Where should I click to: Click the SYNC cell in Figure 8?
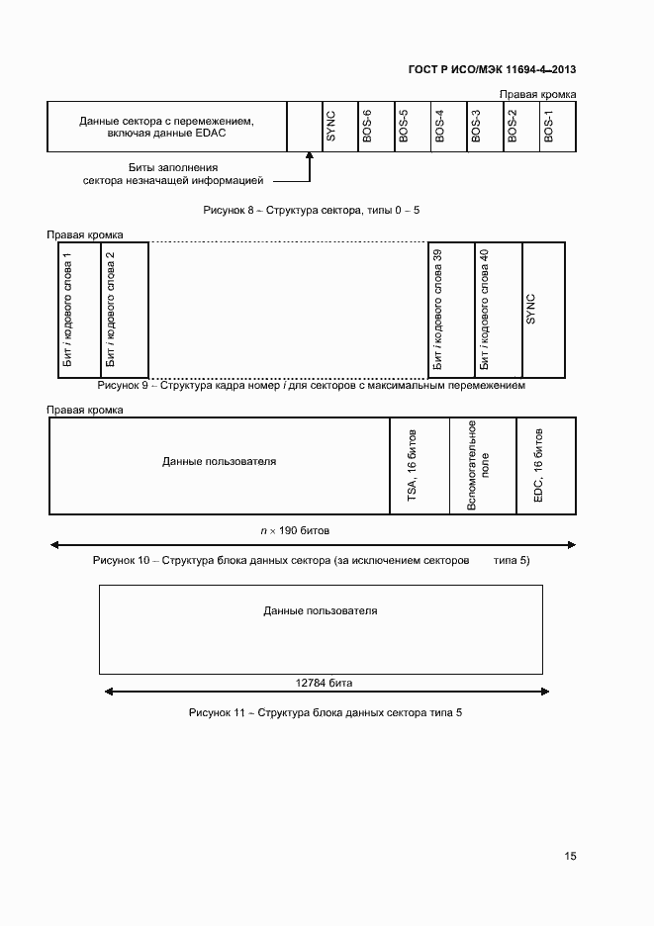[331, 127]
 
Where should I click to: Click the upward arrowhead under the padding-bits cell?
[310, 160]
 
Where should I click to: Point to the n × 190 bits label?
[309, 531]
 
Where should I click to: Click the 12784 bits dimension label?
[325, 683]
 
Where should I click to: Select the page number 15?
[570, 857]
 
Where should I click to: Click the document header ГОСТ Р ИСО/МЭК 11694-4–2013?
[492, 69]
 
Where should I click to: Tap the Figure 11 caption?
[325, 712]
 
